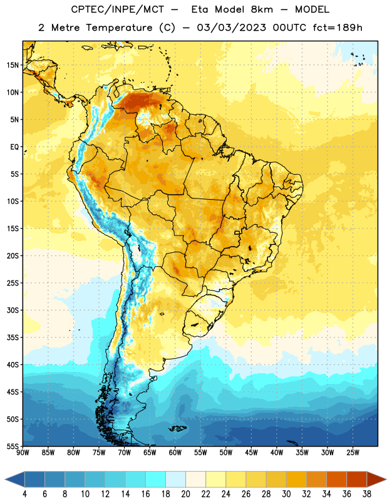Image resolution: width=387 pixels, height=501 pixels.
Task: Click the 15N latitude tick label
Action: (x=13, y=65)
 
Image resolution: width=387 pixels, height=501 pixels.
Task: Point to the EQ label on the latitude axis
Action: (x=14, y=147)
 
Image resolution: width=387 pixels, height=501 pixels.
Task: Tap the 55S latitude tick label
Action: (x=13, y=446)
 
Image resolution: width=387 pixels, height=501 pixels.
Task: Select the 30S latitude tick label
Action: (x=13, y=310)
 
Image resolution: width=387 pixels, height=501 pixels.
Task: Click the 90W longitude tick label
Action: (x=23, y=453)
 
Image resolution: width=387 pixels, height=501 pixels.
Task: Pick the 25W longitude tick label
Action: (x=353, y=453)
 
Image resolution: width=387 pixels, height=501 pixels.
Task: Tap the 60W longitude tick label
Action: (x=175, y=453)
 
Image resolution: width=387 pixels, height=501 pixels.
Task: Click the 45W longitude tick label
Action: (x=252, y=453)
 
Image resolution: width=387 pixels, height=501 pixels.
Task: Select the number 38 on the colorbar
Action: (x=367, y=494)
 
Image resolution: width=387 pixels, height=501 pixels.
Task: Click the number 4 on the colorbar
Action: (x=24, y=494)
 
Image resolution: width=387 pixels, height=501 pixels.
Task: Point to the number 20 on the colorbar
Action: (x=185, y=494)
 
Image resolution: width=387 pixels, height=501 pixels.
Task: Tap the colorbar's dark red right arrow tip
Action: (x=386, y=478)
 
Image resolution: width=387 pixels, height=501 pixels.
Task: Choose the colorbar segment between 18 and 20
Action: (x=175, y=478)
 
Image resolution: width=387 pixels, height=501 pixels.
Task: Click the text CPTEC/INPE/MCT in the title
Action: (x=117, y=9)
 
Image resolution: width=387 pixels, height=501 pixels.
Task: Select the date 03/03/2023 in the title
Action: (x=231, y=28)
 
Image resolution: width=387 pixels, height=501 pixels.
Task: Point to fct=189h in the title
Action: (x=338, y=28)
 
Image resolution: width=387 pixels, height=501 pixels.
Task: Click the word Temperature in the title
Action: (x=119, y=28)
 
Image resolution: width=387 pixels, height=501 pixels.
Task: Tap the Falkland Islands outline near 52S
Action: (x=178, y=428)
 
